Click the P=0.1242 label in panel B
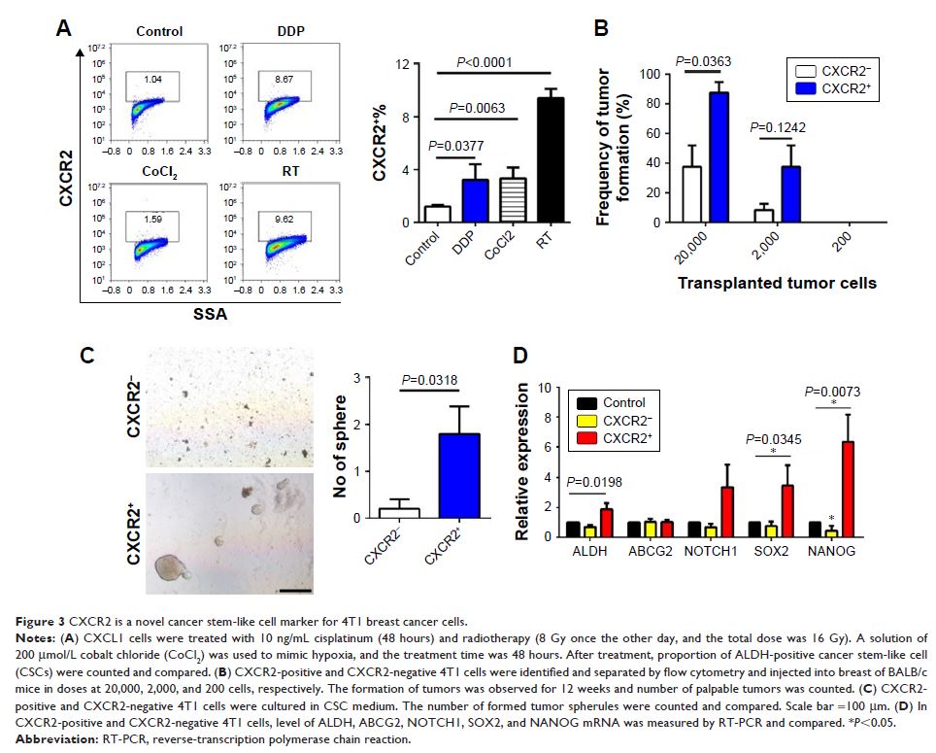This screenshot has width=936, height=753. point(776,128)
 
